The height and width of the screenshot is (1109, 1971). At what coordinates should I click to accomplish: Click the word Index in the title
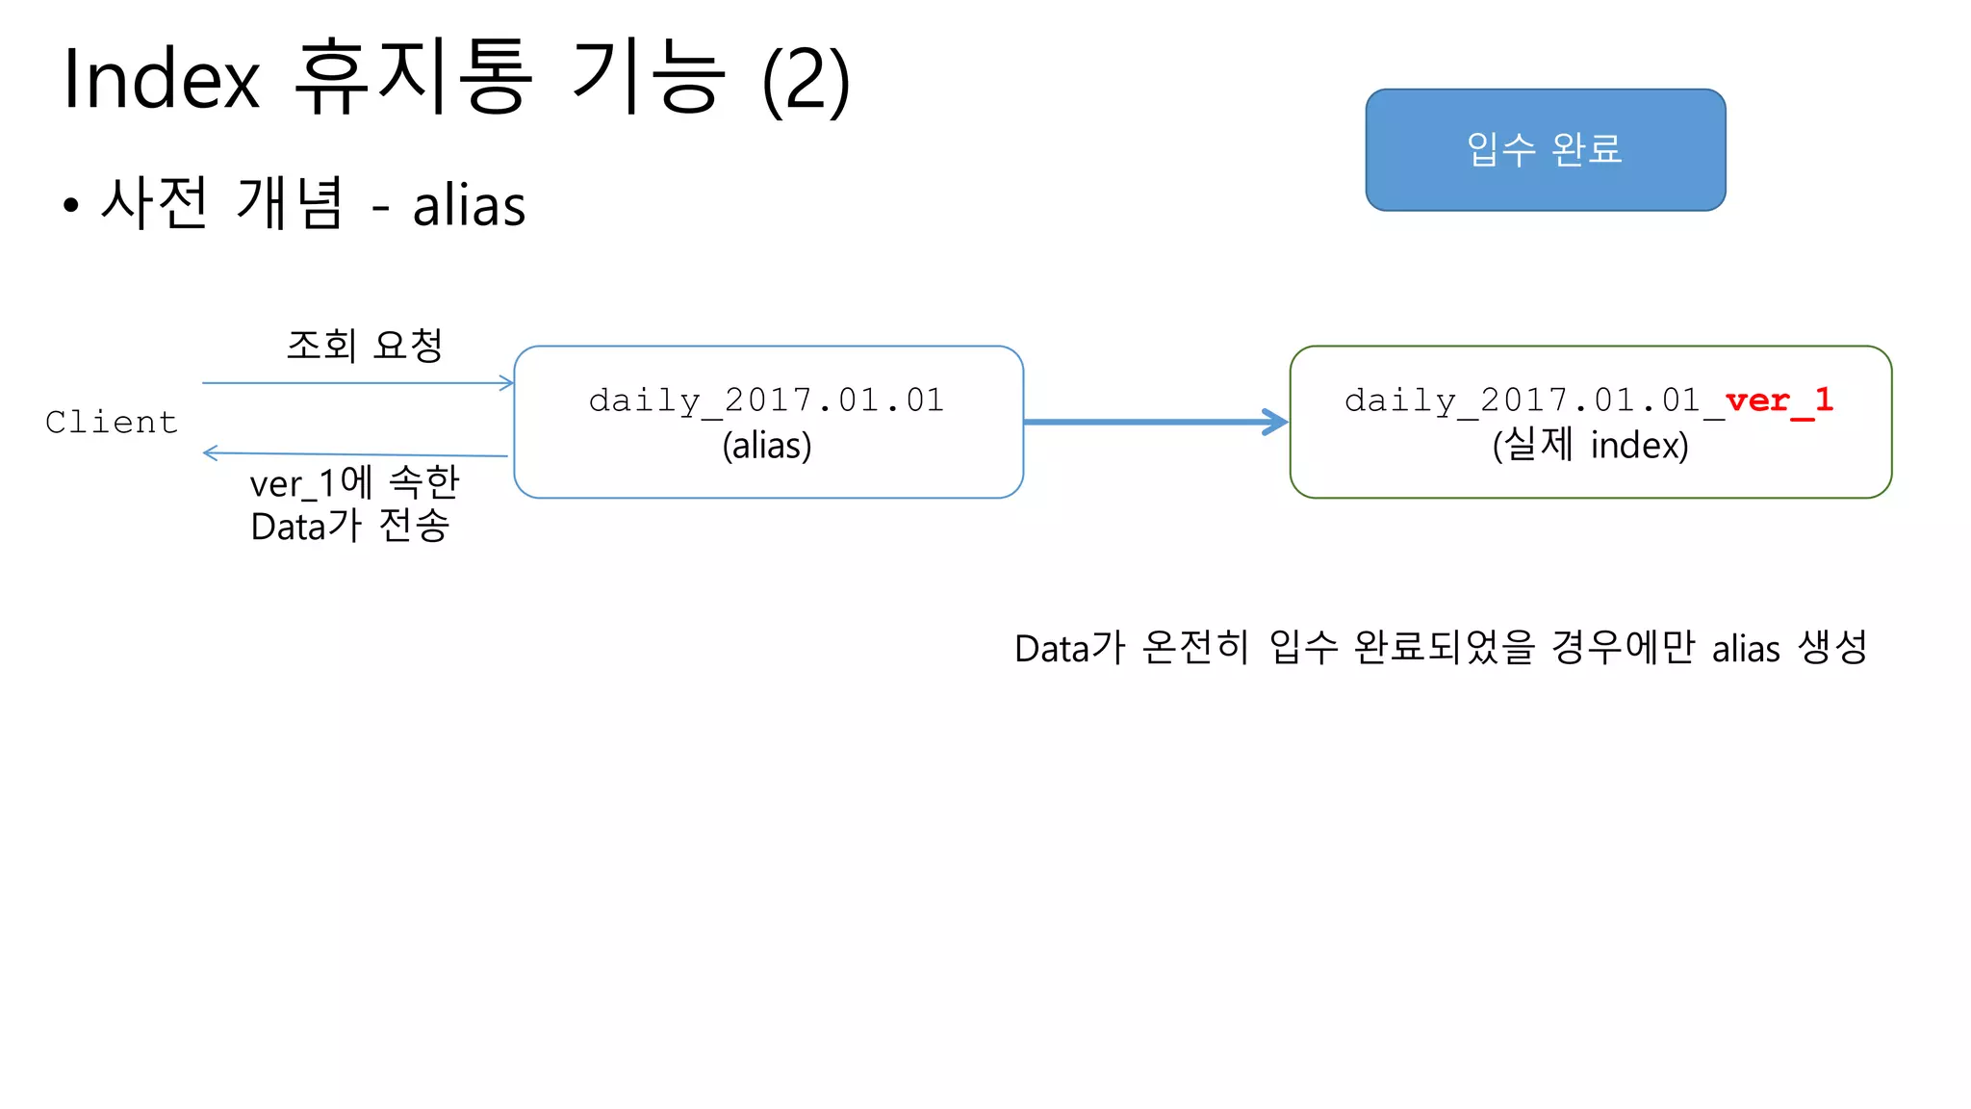click(162, 79)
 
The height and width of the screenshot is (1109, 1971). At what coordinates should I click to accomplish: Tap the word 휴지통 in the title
click(413, 77)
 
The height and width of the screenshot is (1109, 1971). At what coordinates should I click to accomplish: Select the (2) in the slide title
click(806, 81)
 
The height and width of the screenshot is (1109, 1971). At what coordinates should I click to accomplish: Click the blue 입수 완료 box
click(1545, 150)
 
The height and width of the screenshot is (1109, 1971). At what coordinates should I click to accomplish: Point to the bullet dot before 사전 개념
click(70, 205)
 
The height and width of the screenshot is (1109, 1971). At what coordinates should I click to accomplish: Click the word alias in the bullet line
click(469, 205)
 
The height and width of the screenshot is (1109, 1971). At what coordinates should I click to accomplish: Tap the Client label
click(112, 422)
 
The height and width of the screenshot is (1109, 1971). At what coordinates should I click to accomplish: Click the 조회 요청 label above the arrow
click(365, 345)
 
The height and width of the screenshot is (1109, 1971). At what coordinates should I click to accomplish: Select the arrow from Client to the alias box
click(357, 383)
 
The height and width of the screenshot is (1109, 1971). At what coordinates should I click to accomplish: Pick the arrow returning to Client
click(355, 453)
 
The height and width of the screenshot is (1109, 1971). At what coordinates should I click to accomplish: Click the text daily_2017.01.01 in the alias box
click(766, 400)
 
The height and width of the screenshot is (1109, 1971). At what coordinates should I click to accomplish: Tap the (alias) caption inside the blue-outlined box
click(767, 446)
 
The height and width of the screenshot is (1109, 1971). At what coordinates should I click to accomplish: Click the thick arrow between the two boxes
click(1155, 422)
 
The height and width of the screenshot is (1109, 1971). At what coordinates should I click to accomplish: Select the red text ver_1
click(1779, 400)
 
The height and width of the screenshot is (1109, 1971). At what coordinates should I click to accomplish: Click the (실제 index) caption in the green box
click(1590, 446)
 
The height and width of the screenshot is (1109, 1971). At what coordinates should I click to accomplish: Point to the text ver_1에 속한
click(354, 482)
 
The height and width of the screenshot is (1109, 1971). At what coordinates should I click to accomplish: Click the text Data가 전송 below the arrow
click(350, 527)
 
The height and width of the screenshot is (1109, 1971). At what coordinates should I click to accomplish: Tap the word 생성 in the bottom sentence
click(1832, 648)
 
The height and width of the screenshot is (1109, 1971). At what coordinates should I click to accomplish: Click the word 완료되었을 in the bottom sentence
click(1444, 648)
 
